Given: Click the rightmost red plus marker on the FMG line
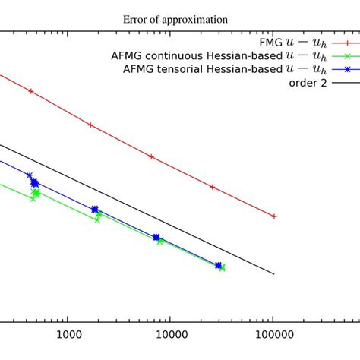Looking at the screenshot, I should [273, 216].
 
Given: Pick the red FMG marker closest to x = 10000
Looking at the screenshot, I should [152, 156].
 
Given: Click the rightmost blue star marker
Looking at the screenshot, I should [218, 265].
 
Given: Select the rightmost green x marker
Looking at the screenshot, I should [222, 267].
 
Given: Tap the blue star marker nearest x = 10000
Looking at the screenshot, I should [156, 238].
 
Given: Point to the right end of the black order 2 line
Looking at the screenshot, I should [273, 274].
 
